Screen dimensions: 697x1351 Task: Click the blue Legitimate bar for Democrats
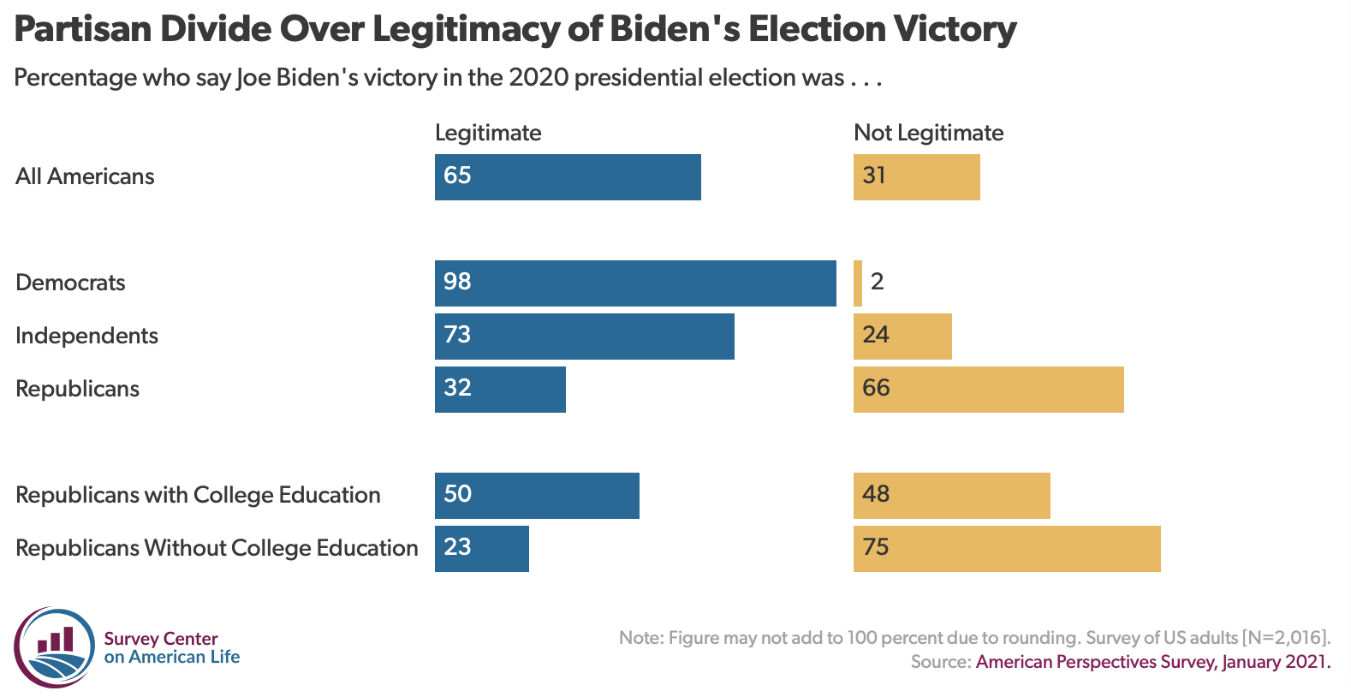pyautogui.click(x=635, y=283)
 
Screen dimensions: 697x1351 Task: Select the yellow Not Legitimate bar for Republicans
pyautogui.click(x=988, y=390)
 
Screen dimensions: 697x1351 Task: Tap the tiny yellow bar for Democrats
pyautogui.click(x=858, y=283)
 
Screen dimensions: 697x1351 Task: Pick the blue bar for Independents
pyautogui.click(x=585, y=337)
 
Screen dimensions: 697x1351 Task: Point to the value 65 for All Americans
pyautogui.click(x=457, y=176)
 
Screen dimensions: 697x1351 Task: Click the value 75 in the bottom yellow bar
pyautogui.click(x=876, y=547)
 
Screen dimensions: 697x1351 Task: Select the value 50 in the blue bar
pyautogui.click(x=457, y=494)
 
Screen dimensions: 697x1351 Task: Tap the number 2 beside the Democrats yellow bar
pyautogui.click(x=877, y=282)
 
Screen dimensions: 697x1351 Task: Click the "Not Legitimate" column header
pyautogui.click(x=928, y=133)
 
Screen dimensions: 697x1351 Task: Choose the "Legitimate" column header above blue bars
pyautogui.click(x=488, y=133)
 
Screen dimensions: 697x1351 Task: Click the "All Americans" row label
pyautogui.click(x=85, y=176)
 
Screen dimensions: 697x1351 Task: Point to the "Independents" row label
pyautogui.click(x=86, y=336)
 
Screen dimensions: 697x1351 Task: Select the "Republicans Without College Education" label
pyautogui.click(x=217, y=548)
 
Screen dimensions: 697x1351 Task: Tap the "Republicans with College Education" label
pyautogui.click(x=198, y=495)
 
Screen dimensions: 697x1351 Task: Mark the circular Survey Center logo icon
pyautogui.click(x=54, y=648)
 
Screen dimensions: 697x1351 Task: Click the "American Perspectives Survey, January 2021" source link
pyautogui.click(x=1152, y=662)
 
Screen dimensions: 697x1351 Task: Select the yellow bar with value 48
pyautogui.click(x=951, y=496)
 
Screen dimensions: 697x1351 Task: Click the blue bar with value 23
pyautogui.click(x=482, y=549)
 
